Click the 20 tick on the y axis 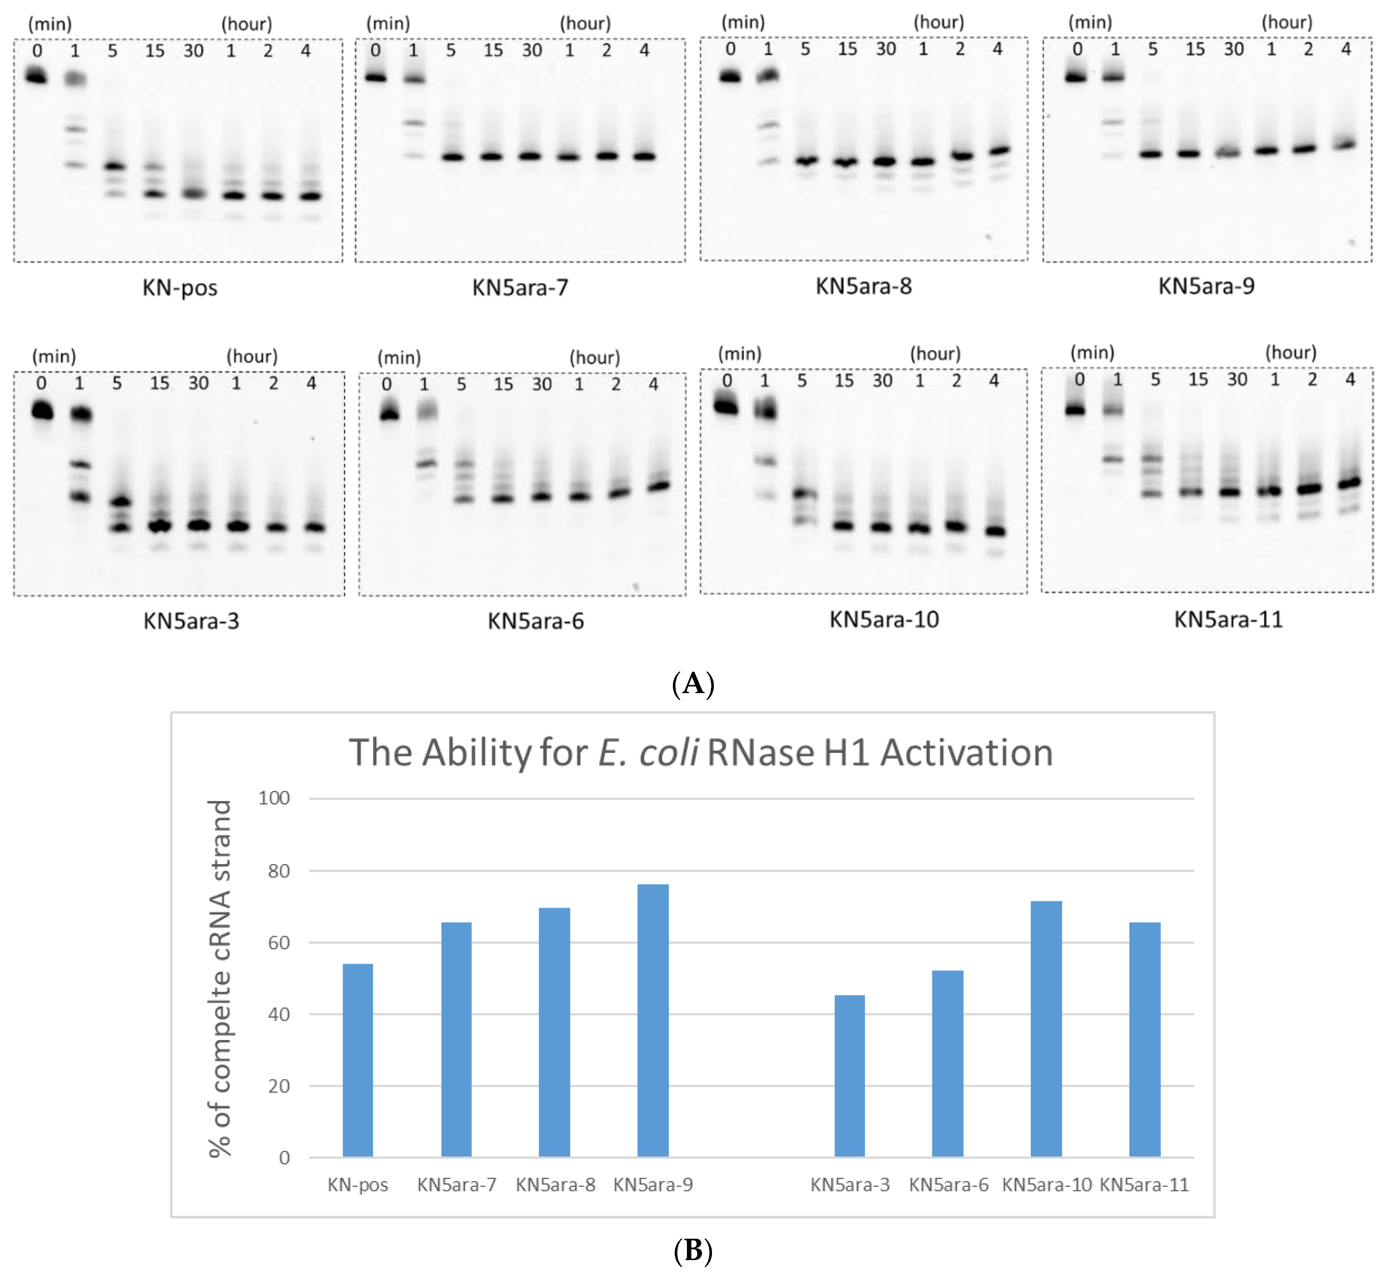(278, 1086)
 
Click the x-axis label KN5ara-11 (1144, 1185)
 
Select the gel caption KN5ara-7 (520, 287)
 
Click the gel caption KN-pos (180, 287)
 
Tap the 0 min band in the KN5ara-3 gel (42, 411)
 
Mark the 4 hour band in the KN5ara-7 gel (644, 156)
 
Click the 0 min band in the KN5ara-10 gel (726, 406)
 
